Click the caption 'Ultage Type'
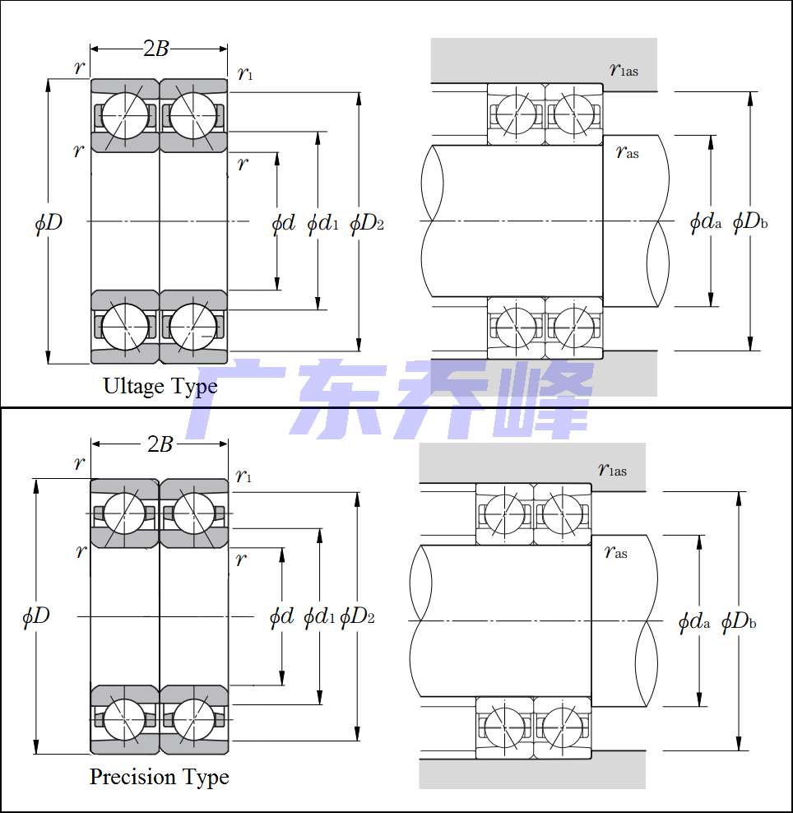click(x=160, y=386)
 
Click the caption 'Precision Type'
click(x=159, y=777)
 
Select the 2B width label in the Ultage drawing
click(x=156, y=49)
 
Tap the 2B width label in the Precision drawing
click(x=160, y=444)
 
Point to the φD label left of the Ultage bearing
click(x=49, y=222)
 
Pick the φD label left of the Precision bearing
click(x=35, y=616)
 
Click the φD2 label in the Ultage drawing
click(x=367, y=223)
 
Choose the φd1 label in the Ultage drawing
click(x=322, y=223)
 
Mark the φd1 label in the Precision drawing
click(x=319, y=616)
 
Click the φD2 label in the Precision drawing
click(x=357, y=616)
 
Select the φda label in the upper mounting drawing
click(x=705, y=221)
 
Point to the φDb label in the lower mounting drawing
click(x=739, y=622)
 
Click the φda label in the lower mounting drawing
click(x=693, y=622)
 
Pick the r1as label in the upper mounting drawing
click(x=624, y=69)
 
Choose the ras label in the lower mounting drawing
click(x=615, y=552)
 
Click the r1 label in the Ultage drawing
click(x=244, y=74)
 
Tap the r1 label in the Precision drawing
click(x=243, y=476)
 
